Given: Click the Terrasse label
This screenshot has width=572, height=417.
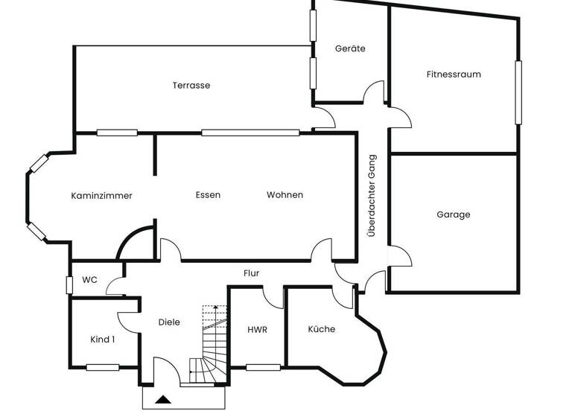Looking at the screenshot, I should pyautogui.click(x=191, y=86).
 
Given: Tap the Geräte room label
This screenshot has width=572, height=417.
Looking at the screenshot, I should pyautogui.click(x=350, y=48).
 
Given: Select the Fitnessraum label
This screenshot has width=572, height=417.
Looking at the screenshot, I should pyautogui.click(x=454, y=74).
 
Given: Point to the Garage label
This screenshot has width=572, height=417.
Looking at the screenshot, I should pyautogui.click(x=454, y=214).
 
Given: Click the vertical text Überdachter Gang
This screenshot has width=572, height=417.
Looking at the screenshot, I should pyautogui.click(x=372, y=195).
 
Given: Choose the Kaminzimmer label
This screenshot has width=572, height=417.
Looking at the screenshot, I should pyautogui.click(x=102, y=196).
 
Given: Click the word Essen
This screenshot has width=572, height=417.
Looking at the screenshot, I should pyautogui.click(x=208, y=195).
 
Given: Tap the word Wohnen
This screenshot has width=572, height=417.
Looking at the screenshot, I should pyautogui.click(x=285, y=195).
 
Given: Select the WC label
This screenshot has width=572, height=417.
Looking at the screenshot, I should pyautogui.click(x=89, y=280).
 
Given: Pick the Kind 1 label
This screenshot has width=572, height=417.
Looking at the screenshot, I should pyautogui.click(x=103, y=340).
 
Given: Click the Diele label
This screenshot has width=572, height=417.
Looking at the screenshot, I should pyautogui.click(x=170, y=322).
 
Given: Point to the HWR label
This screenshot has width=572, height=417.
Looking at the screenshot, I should pyautogui.click(x=257, y=329).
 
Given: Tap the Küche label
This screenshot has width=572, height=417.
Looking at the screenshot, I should pyautogui.click(x=322, y=329).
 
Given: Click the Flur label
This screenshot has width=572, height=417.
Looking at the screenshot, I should pyautogui.click(x=252, y=273).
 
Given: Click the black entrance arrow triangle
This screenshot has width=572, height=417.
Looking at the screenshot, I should pyautogui.click(x=163, y=400).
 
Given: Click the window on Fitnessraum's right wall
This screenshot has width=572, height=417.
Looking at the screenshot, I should pyautogui.click(x=518, y=93).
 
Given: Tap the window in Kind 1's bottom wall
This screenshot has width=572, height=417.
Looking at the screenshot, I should pyautogui.click(x=103, y=367).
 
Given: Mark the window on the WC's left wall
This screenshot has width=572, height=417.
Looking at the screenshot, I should pyautogui.click(x=69, y=284).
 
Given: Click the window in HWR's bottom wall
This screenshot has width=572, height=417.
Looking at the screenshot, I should pyautogui.click(x=263, y=367).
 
